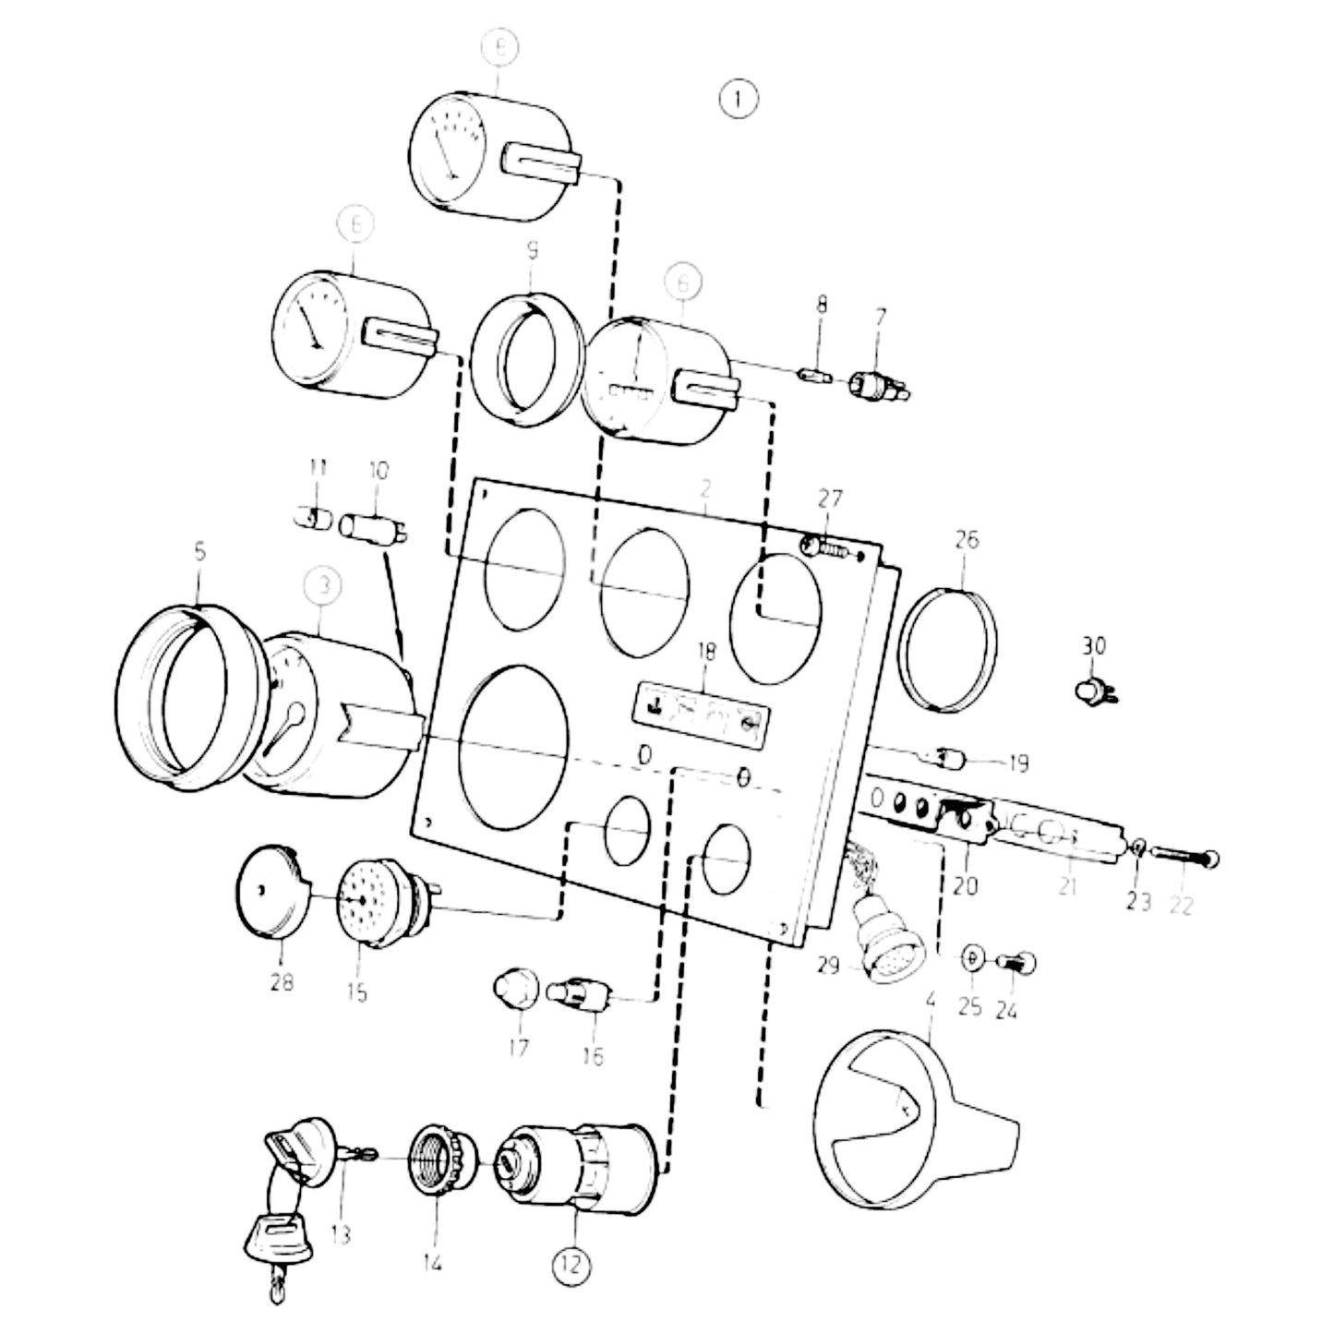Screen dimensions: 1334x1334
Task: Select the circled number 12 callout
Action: tap(571, 1264)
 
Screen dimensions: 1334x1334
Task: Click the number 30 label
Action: tap(1093, 645)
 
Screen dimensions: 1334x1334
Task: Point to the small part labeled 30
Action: tap(1095, 691)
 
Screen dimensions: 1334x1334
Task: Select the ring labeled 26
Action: tap(948, 650)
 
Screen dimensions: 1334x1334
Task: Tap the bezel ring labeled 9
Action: tap(527, 359)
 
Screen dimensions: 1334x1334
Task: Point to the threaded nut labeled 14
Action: tap(442, 1161)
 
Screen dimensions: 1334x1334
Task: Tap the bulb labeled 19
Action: tap(948, 759)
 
